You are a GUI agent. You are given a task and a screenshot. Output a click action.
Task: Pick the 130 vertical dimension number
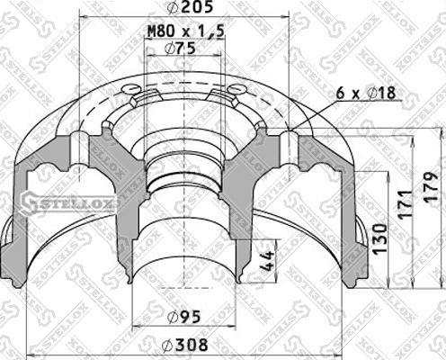tap(380, 238)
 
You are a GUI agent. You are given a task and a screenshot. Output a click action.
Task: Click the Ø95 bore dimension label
tap(186, 316)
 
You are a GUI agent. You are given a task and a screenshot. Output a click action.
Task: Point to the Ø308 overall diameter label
tap(186, 343)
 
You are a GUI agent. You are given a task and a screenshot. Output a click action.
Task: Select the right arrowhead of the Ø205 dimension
tap(285, 17)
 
